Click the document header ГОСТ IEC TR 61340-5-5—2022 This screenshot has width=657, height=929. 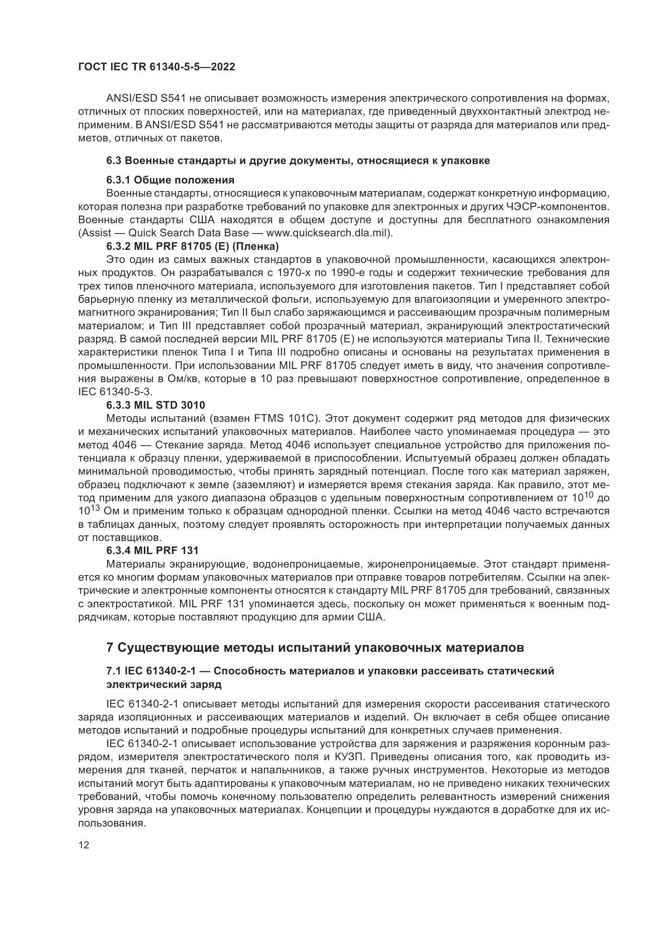coord(157,67)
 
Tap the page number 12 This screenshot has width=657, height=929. coord(84,845)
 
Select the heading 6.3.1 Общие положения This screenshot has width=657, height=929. coord(170,180)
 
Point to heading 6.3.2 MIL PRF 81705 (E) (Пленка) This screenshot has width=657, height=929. coord(193,246)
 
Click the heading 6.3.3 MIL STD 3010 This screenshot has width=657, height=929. coord(156,405)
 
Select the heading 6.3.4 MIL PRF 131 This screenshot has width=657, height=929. coord(153,550)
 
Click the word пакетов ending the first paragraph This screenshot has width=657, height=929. coord(201,139)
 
